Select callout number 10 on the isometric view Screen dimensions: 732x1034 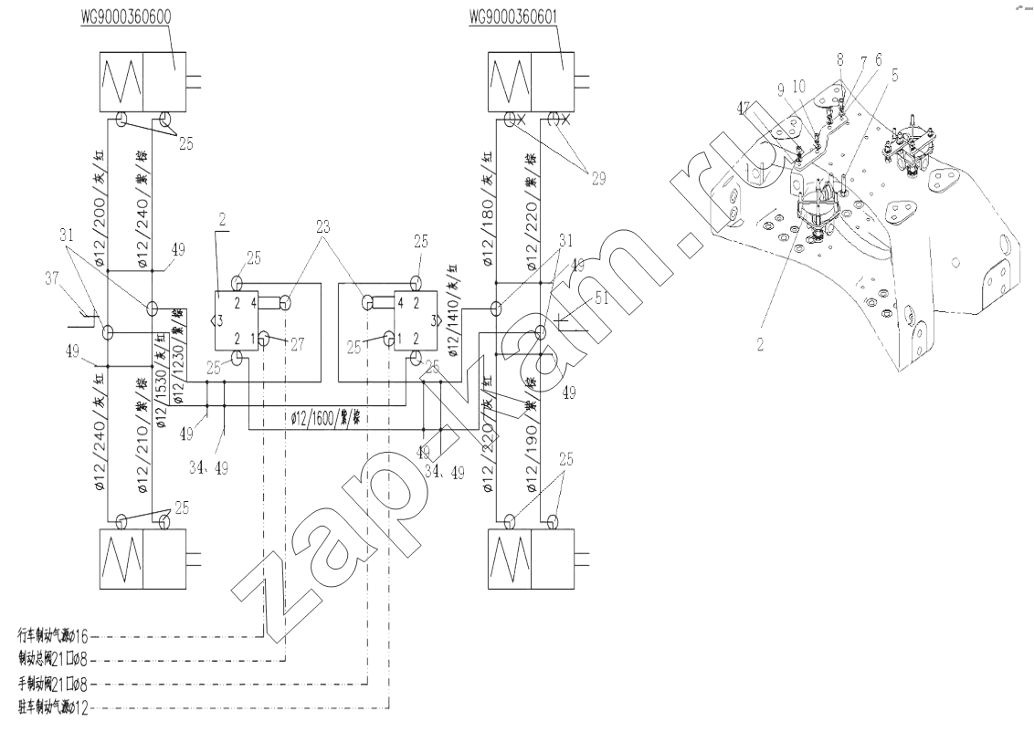click(x=799, y=85)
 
